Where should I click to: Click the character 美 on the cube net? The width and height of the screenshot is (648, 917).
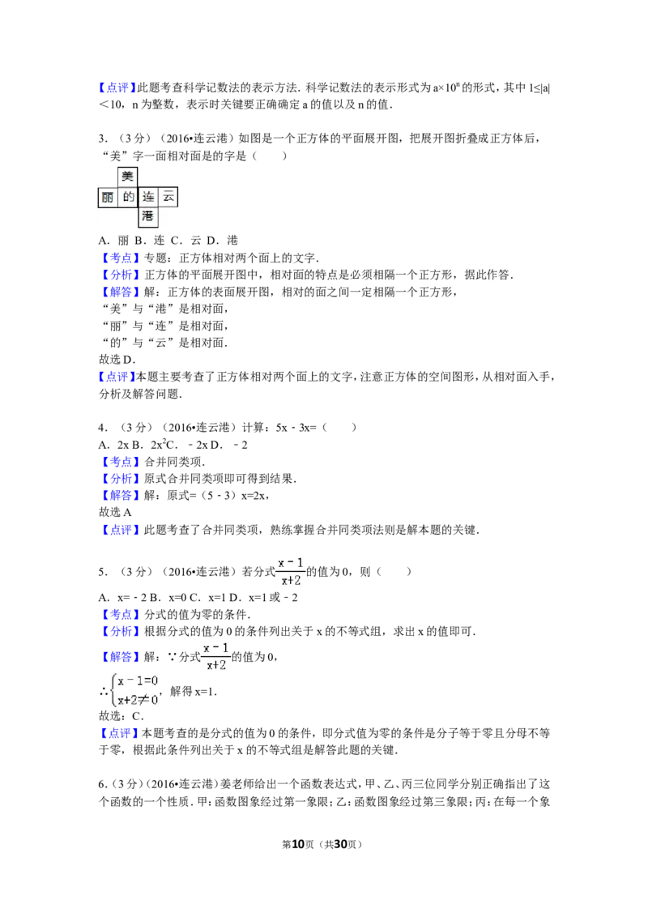[127, 176]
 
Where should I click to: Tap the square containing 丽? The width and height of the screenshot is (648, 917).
[107, 197]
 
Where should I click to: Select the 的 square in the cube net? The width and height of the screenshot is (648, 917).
[128, 197]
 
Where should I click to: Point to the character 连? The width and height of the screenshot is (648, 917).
[148, 197]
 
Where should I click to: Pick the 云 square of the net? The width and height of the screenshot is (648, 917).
[168, 197]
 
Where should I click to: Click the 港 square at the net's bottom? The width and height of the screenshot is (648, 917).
[147, 216]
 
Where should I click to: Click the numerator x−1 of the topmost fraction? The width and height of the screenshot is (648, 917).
[291, 561]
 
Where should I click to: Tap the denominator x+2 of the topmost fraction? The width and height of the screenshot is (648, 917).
[291, 580]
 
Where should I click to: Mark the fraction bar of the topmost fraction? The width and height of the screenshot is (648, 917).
[291, 571]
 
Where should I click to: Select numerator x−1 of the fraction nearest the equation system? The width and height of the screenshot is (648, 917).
[215, 648]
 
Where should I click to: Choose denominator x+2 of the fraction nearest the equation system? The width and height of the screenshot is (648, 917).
[215, 665]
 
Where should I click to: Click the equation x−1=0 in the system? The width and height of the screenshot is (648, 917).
[139, 681]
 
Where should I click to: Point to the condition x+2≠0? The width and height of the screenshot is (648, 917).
[139, 700]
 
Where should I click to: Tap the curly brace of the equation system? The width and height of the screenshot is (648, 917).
[111, 690]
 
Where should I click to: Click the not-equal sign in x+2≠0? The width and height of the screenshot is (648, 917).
[145, 700]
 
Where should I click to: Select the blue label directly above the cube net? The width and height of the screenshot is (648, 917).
[117, 87]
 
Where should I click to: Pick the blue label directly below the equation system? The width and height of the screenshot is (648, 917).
[119, 732]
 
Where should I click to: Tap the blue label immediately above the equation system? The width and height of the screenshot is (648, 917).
[120, 656]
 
